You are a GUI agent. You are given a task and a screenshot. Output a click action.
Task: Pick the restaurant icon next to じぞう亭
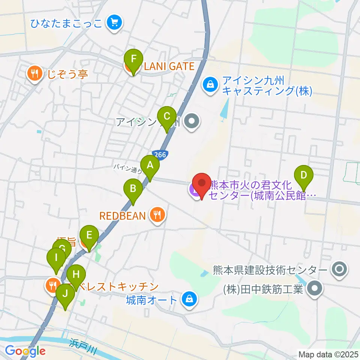[x=35, y=73]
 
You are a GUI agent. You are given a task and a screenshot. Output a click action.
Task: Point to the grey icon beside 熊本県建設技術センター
[x=340, y=269]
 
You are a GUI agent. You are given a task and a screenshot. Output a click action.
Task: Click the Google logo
[x=25, y=351]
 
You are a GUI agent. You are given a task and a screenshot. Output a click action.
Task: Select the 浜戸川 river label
[x=82, y=346]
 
